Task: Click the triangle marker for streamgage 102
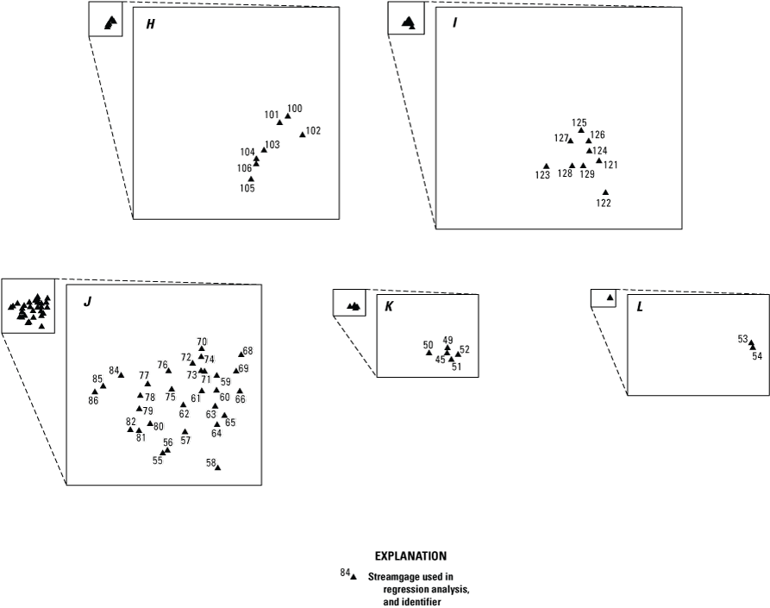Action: [x=302, y=135]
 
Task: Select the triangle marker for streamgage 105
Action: [x=251, y=179]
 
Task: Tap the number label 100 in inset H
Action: [x=295, y=109]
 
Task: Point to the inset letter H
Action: [x=150, y=24]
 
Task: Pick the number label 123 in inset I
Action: [x=542, y=175]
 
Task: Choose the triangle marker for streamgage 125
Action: [x=580, y=131]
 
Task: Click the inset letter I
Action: [x=454, y=23]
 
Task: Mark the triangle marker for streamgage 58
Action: [x=217, y=467]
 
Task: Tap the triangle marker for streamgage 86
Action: [x=95, y=392]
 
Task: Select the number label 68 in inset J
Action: [x=248, y=351]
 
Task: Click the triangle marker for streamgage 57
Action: [x=185, y=431]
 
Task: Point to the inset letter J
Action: [x=86, y=302]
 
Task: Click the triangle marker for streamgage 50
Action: [x=429, y=352]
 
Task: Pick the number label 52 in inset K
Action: [x=465, y=349]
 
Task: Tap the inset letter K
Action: [x=390, y=306]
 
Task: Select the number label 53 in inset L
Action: [x=742, y=339]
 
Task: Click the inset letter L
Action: [x=639, y=307]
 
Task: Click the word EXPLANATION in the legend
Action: [x=410, y=556]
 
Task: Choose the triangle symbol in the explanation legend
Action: [x=354, y=576]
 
